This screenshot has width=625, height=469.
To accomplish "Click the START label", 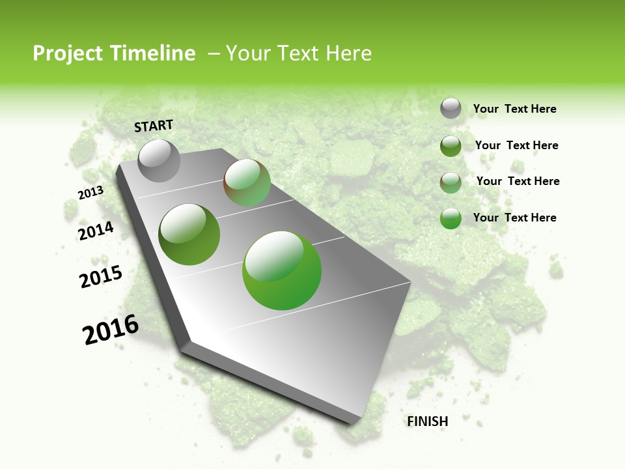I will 154,126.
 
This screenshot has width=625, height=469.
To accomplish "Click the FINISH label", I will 427,421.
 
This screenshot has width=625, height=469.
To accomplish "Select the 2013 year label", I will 90,193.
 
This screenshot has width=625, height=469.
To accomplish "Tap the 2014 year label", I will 96,231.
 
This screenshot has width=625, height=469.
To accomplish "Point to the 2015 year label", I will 101,277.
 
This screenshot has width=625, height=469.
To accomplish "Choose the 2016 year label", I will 111,330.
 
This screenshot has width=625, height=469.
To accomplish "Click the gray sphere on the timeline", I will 159,160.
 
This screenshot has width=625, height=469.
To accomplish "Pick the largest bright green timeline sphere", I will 281,270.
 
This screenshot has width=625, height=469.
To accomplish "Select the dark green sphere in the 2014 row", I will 189,234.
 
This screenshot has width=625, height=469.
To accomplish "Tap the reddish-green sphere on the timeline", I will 247,182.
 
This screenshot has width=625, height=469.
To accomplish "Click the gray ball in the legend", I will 451,108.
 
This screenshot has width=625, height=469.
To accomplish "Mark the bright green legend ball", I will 451,218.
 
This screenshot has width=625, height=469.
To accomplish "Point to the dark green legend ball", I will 451,146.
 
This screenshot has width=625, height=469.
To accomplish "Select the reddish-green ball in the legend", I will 451,182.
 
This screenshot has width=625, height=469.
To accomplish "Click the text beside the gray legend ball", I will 514,109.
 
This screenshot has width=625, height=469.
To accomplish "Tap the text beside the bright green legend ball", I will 514,218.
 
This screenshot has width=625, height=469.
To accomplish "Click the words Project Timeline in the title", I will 114,53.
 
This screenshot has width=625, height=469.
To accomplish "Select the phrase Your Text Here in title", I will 299,53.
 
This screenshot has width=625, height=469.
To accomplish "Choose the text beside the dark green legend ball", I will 516,145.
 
